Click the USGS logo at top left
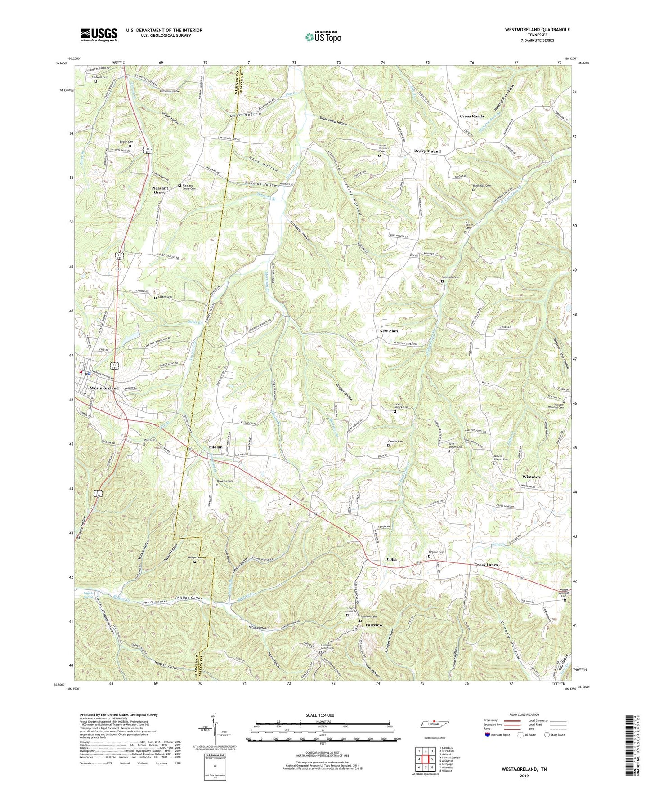point(99,34)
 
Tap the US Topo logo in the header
point(323,37)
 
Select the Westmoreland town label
point(104,388)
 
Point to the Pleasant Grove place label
point(160,190)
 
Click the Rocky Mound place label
point(427,152)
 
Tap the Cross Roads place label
point(471,116)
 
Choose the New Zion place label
point(389,331)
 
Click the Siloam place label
point(215,447)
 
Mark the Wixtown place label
point(531,477)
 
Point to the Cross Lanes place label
point(486,565)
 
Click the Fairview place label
point(374,625)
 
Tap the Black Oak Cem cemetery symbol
point(473,190)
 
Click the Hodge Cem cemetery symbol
point(195,562)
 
